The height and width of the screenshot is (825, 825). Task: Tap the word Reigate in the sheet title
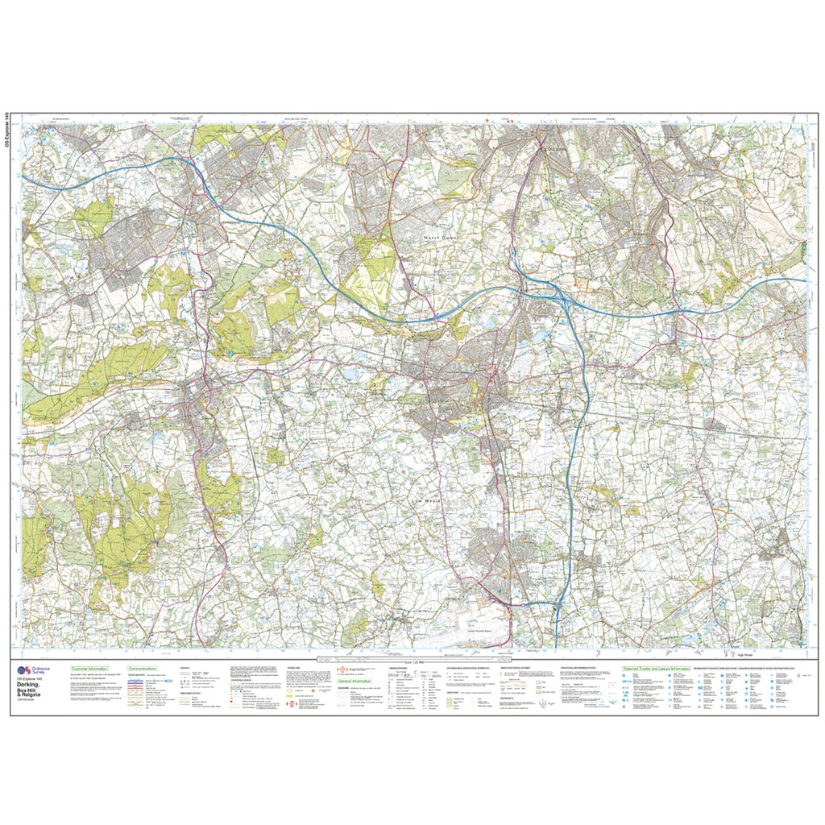coord(35,695)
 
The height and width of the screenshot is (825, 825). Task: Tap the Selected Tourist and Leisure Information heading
coord(657,669)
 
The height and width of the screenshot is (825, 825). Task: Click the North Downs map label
coord(442,238)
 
